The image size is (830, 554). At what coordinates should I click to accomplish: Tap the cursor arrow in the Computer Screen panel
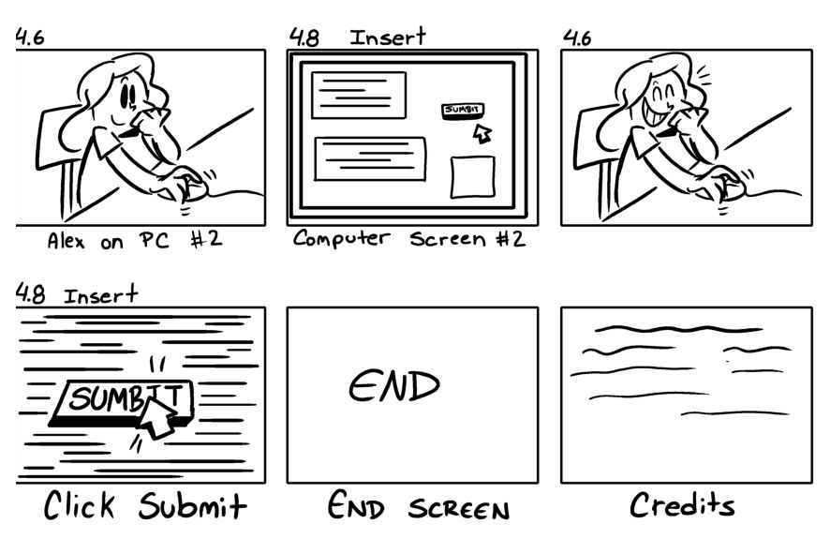tap(482, 133)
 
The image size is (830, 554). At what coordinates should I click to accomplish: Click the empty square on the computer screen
tap(473, 176)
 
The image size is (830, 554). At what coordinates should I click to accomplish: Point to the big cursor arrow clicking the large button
tap(157, 416)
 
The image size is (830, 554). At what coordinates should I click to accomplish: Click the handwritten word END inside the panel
tap(394, 385)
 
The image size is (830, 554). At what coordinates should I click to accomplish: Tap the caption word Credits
tap(681, 506)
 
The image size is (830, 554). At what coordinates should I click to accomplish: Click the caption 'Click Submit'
tap(145, 507)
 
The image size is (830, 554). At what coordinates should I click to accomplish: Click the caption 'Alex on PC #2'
tap(135, 240)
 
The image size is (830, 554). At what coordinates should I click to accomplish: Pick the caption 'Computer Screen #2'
tap(409, 239)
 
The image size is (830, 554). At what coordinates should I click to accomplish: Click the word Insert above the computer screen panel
tap(388, 37)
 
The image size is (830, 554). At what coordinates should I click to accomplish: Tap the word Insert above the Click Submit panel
tap(100, 295)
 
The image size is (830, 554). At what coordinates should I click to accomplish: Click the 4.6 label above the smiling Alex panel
tap(576, 37)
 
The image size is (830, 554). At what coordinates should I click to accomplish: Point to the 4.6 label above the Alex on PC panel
tap(30, 37)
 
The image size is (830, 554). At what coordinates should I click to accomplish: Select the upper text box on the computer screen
tap(359, 95)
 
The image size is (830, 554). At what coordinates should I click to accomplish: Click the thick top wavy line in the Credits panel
tap(678, 329)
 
